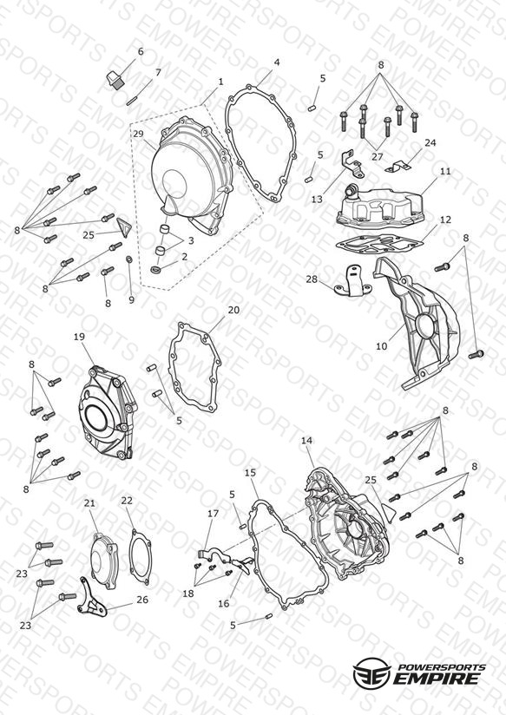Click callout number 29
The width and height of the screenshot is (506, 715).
[138, 134]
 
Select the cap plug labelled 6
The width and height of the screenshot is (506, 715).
[114, 79]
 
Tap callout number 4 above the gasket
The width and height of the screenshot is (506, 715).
[277, 62]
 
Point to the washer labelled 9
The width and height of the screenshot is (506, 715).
[129, 259]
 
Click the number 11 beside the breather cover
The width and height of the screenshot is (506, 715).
[445, 171]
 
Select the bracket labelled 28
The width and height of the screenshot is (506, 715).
[352, 281]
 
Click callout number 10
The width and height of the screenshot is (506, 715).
[381, 346]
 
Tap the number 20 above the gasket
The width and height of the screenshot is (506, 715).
[233, 310]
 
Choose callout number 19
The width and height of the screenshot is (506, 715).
[79, 337]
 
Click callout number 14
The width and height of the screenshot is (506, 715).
[307, 441]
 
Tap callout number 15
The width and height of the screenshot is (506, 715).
[251, 472]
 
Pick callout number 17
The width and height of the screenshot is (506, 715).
[214, 514]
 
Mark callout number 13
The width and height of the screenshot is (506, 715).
[317, 199]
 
